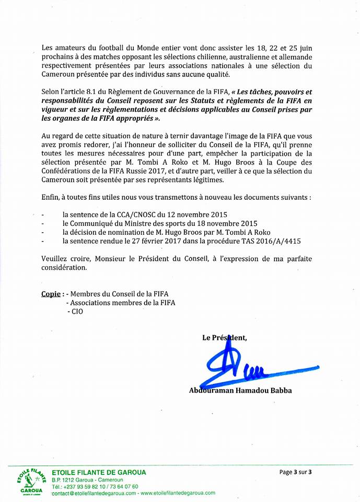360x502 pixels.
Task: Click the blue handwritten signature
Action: [235, 366]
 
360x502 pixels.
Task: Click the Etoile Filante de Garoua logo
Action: [29, 481]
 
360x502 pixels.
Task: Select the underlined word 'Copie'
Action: [52, 293]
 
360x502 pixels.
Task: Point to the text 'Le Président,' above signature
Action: [225, 338]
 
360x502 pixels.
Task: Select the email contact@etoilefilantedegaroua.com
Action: [94, 493]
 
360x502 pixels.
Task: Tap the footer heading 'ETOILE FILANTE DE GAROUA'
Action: [99, 472]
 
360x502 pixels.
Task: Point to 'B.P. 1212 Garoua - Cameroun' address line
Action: [87, 480]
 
